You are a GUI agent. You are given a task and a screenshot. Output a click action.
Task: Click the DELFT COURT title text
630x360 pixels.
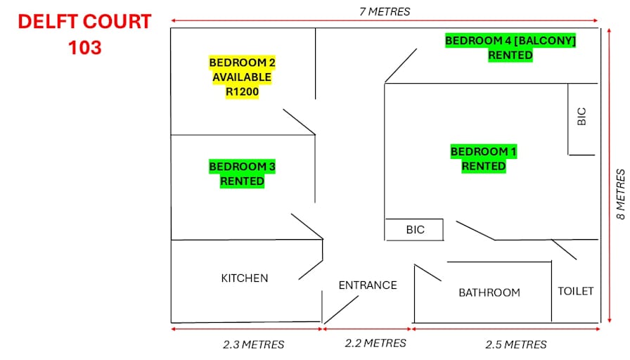tap(84, 22)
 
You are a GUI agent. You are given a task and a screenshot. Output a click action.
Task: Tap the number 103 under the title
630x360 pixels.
tap(85, 47)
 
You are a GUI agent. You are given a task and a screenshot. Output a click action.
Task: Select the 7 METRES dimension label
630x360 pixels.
tap(385, 12)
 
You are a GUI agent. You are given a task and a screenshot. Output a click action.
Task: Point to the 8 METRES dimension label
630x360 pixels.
tap(621, 194)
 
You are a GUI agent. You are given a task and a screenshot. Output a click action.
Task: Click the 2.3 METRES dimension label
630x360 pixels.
tap(254, 345)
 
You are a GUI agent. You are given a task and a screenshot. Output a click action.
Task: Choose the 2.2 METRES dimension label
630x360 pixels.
tap(375, 343)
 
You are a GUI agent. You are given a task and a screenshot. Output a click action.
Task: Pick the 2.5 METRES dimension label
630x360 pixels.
tap(516, 345)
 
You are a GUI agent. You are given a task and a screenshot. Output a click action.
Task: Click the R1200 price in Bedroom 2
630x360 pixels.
tap(242, 91)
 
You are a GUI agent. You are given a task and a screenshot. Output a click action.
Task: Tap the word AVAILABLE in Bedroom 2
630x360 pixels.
tap(242, 77)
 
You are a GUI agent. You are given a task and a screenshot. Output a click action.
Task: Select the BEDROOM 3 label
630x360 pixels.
tap(242, 167)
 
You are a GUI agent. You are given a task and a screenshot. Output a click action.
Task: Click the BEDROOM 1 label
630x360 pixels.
tap(483, 151)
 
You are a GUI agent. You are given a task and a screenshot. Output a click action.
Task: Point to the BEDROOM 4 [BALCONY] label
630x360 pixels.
tap(510, 41)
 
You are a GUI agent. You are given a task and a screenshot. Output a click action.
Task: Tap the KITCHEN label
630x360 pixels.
tap(244, 278)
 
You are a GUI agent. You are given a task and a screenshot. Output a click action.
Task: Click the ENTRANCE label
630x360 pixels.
tap(368, 285)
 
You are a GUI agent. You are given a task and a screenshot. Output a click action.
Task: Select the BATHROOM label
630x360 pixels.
tap(489, 292)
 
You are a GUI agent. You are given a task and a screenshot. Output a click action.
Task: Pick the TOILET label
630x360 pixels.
tap(575, 291)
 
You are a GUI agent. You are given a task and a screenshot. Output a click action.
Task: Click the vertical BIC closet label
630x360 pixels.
tap(581, 117)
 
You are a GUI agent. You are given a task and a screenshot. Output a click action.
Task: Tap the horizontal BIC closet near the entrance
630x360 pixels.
tap(415, 229)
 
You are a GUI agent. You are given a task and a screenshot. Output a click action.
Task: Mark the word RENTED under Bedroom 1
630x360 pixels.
tap(483, 167)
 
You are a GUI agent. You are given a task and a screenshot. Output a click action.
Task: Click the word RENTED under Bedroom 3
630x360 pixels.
tap(242, 181)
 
